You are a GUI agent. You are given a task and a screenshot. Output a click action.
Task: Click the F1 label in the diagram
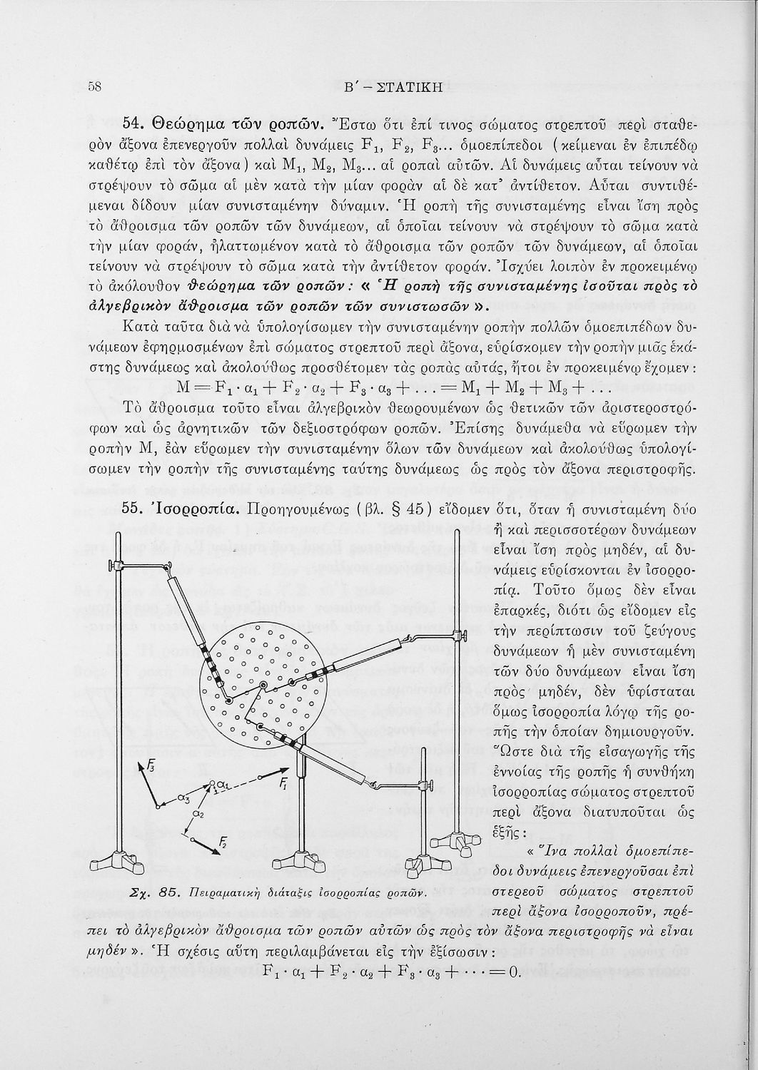(x=283, y=783)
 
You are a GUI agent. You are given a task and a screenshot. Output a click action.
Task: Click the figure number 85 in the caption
(x=169, y=892)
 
